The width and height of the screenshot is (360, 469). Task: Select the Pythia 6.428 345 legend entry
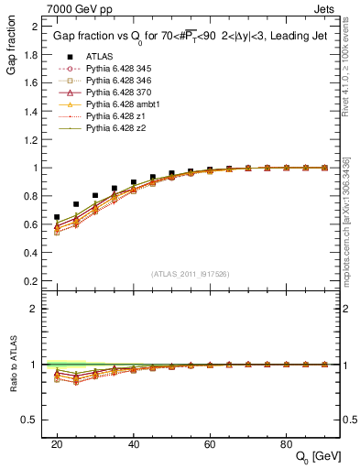click(x=119, y=68)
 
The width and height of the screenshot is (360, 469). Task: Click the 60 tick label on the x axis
click(x=210, y=442)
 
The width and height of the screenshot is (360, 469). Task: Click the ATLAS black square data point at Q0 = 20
click(x=57, y=217)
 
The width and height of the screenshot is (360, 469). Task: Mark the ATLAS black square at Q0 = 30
click(x=95, y=195)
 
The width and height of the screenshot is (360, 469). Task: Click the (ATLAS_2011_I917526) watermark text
click(x=190, y=274)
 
